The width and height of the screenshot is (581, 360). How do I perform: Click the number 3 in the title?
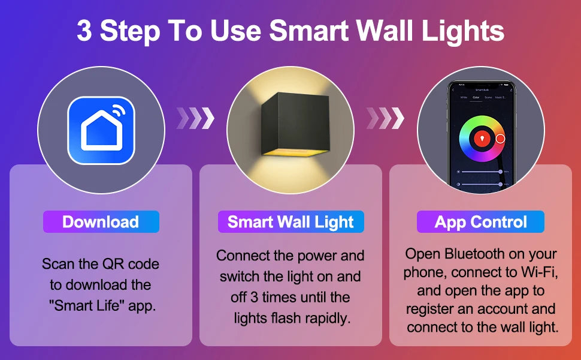pyautogui.click(x=84, y=32)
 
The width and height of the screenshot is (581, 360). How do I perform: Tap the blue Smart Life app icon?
pyautogui.click(x=101, y=130)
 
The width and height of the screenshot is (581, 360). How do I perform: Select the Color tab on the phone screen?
pyautogui.click(x=476, y=97)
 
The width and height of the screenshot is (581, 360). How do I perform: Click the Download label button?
pyautogui.click(x=101, y=222)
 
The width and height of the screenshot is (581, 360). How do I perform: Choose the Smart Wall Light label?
pyautogui.click(x=290, y=222)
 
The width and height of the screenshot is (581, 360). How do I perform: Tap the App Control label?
pyautogui.click(x=481, y=222)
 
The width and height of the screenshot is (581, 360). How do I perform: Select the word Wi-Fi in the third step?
pyautogui.click(x=535, y=272)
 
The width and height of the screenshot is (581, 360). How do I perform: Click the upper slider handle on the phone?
pyautogui.click(x=500, y=172)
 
